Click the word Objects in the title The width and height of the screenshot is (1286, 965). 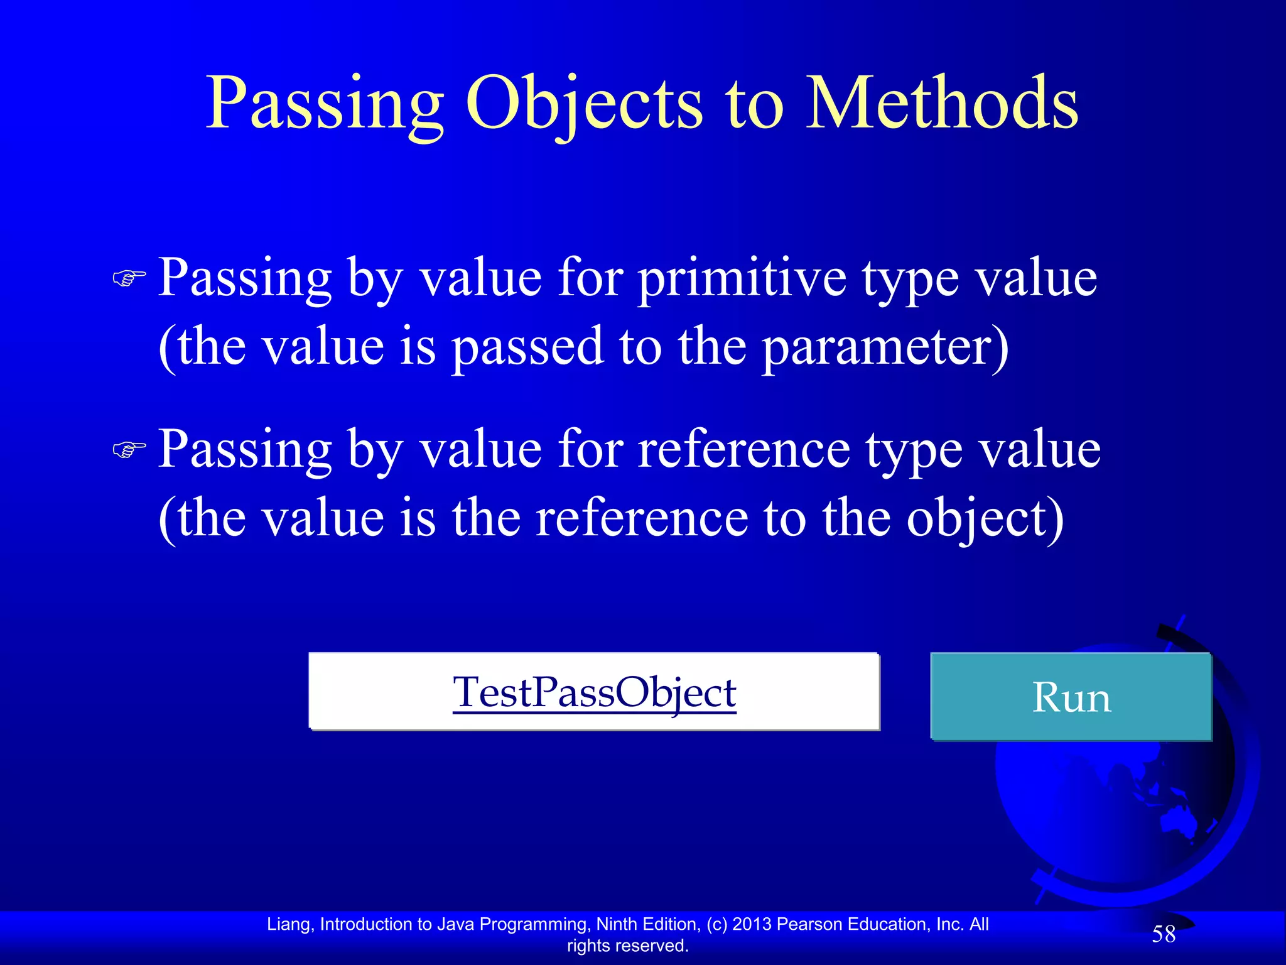coord(583,104)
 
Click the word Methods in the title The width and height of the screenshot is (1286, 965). coord(942,104)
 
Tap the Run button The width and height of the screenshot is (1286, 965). coord(1071,697)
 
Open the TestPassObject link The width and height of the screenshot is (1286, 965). coord(594,692)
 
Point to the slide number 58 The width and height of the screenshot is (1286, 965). coord(1164,934)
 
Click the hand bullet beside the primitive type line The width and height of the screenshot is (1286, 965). coord(129,278)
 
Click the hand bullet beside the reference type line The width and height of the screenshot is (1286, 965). coord(129,450)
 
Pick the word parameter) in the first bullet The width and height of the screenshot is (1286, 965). coord(885,347)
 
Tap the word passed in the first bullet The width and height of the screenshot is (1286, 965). coord(527,347)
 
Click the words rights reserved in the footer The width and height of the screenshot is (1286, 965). coord(627,946)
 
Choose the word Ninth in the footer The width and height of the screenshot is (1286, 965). coord(617,924)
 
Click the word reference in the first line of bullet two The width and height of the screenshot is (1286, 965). coord(744,450)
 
